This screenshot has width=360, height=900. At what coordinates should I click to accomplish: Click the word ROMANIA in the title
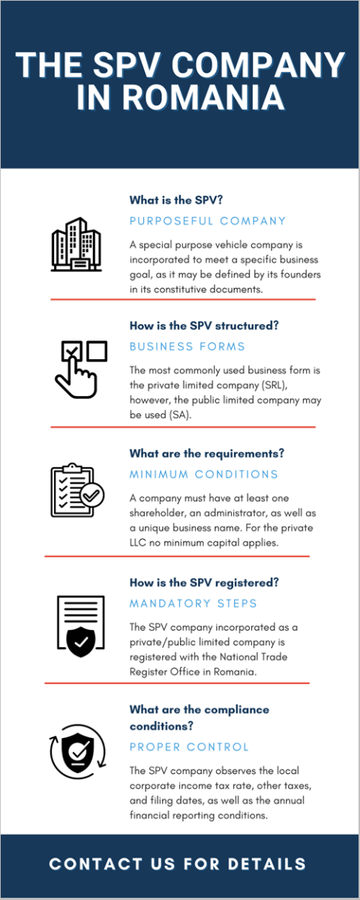click(204, 97)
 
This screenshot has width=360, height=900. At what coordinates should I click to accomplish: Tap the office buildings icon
click(76, 244)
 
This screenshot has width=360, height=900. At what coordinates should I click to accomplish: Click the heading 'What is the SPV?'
click(176, 200)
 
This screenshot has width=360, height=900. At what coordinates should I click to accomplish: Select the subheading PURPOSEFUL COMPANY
click(207, 221)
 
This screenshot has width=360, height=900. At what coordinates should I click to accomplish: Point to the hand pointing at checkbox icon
click(80, 370)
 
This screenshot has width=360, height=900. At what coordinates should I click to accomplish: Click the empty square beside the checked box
click(97, 351)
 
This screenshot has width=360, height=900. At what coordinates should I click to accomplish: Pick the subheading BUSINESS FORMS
click(187, 346)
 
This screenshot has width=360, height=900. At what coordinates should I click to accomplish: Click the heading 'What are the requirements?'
click(206, 454)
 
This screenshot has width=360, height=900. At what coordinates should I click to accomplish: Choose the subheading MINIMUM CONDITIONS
click(203, 475)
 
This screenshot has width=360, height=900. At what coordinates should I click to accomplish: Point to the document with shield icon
click(81, 626)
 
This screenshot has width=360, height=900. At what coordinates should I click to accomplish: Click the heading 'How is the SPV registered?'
click(204, 583)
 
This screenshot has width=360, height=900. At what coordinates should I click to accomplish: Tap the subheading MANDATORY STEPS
click(193, 604)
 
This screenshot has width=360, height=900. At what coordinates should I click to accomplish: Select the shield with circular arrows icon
click(78, 751)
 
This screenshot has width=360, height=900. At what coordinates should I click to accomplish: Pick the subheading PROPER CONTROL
click(189, 747)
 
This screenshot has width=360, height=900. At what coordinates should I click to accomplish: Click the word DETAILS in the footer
click(266, 864)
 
